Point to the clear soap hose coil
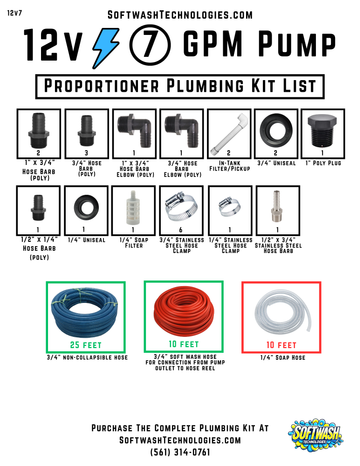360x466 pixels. coord(279,311)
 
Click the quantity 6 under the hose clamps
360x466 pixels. coord(180,227)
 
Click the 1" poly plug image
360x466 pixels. coord(322,133)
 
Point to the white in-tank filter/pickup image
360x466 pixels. coord(227,132)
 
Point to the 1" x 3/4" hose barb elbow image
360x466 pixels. coord(132,132)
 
